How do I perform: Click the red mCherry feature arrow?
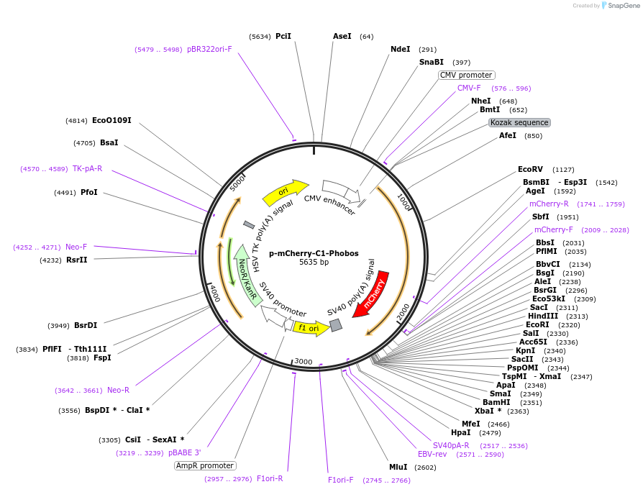[x=375, y=291]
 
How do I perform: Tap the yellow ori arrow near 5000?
[x=284, y=191]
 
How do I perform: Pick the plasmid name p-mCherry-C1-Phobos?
[x=314, y=253]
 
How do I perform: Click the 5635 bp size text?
[x=314, y=263]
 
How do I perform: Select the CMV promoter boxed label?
[x=466, y=75]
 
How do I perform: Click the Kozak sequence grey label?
[x=519, y=122]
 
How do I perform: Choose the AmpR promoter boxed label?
[x=204, y=465]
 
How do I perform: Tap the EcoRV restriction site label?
[x=530, y=170]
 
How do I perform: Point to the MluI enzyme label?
[x=398, y=467]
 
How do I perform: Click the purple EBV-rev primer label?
[x=432, y=454]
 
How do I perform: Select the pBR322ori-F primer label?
[x=209, y=49]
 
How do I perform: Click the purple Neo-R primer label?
[x=118, y=390]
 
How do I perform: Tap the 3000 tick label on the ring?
[x=304, y=361]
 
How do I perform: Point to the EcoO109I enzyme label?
[x=111, y=120]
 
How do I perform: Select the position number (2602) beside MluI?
[x=425, y=468]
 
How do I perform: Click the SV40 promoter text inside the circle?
[x=282, y=300]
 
